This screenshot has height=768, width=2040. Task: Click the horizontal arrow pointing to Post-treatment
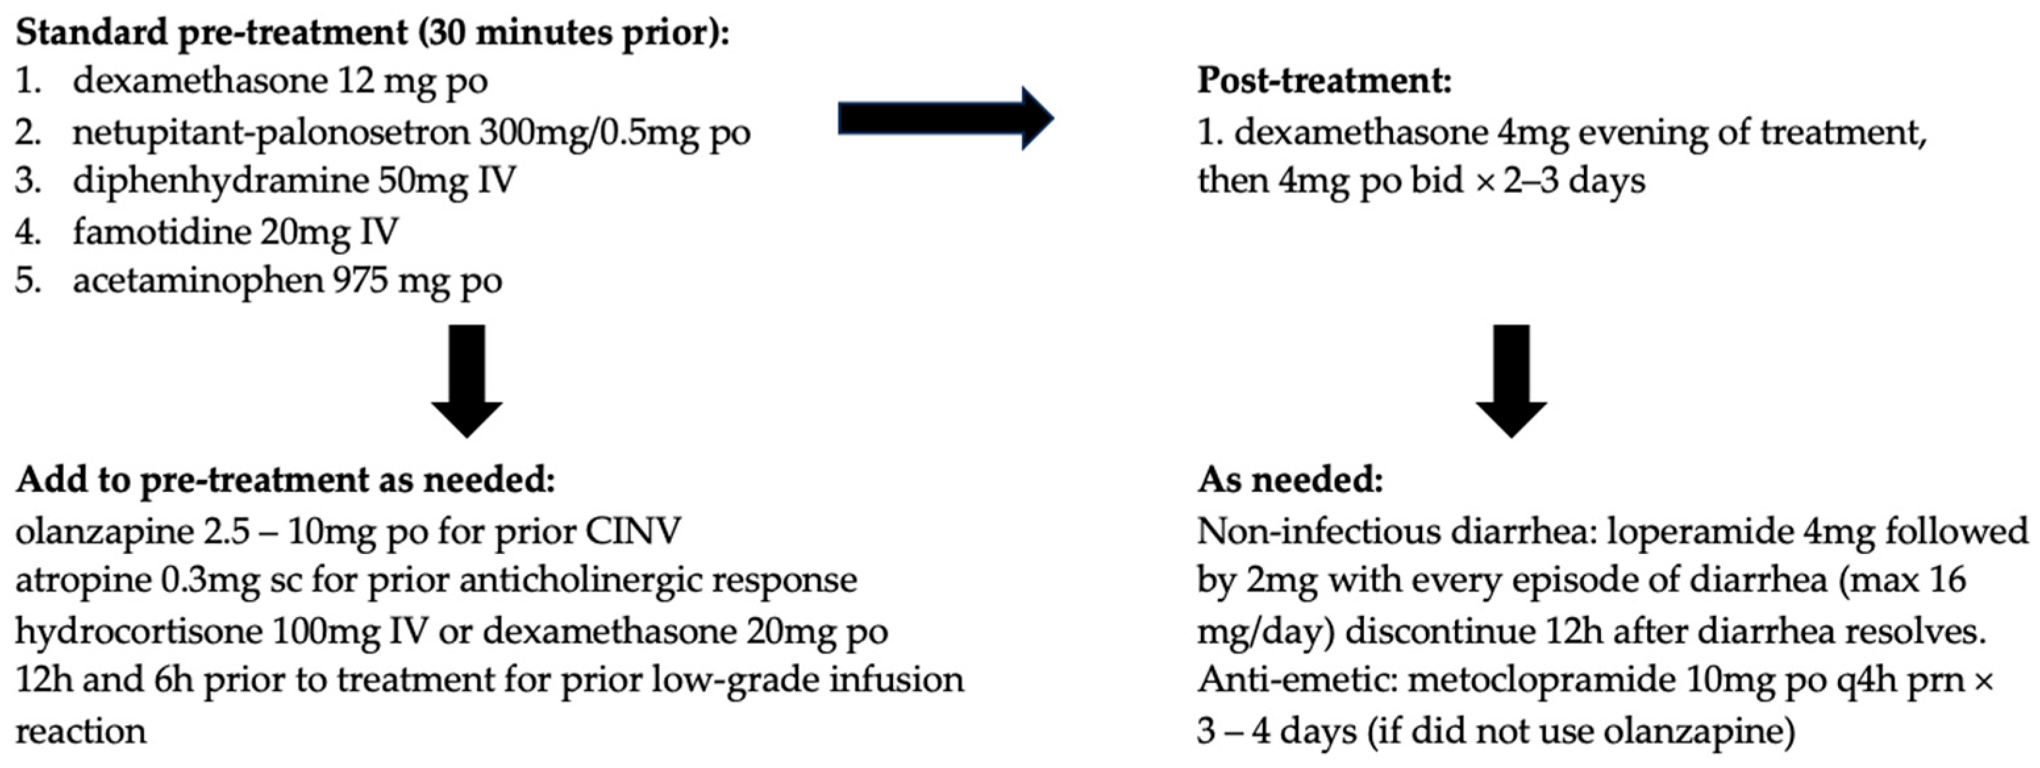point(946,118)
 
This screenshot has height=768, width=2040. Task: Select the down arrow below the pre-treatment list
point(467,381)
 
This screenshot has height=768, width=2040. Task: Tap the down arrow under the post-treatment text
point(1511,381)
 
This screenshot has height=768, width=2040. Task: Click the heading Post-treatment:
point(1324,82)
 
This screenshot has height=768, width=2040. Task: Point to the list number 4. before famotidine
point(28,231)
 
